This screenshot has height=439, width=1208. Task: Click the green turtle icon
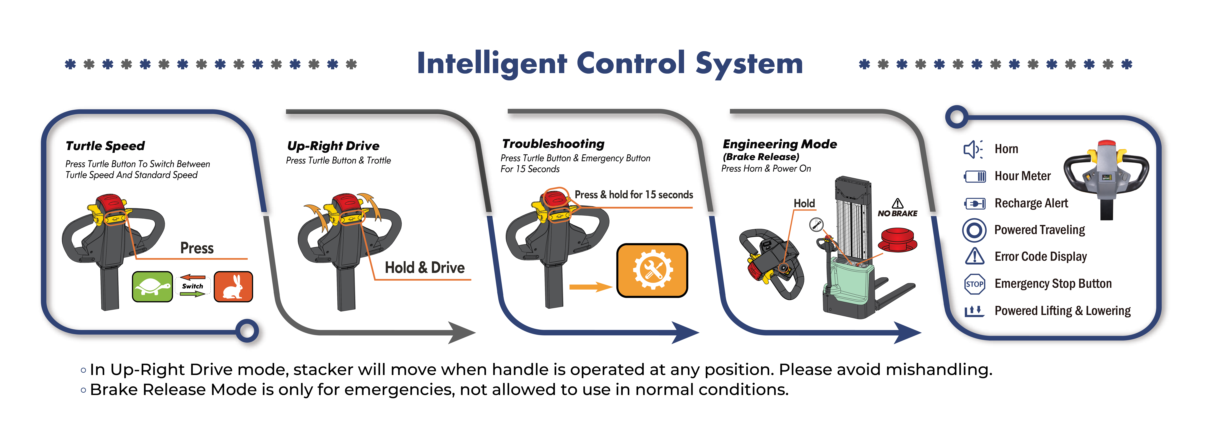point(152,287)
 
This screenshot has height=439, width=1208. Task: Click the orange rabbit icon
point(233,287)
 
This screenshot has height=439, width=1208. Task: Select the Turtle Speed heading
point(105,146)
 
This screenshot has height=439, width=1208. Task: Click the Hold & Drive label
point(425,267)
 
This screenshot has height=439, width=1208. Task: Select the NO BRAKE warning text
point(898,213)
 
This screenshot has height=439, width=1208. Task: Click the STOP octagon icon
point(974,284)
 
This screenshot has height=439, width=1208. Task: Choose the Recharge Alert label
point(1031,203)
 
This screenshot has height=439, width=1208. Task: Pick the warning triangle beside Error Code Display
point(974,256)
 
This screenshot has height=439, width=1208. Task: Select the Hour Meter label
point(1023,176)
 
